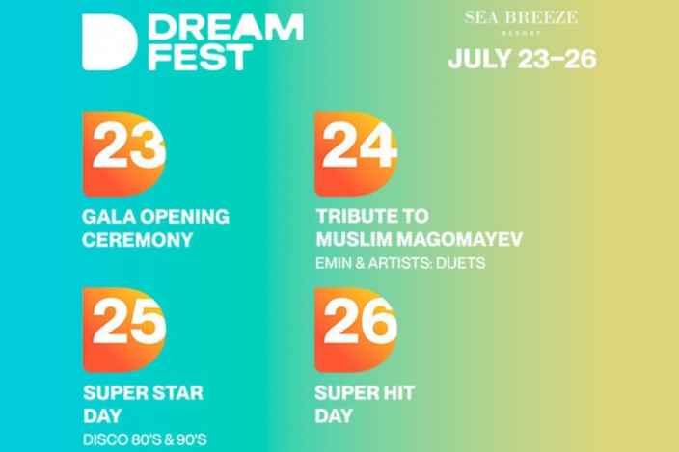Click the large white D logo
[109, 42]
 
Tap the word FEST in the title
[201, 57]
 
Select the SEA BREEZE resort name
[522, 17]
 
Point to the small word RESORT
[522, 33]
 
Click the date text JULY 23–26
[522, 59]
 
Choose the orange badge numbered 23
[124, 154]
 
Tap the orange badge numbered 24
[356, 154]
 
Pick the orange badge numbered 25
[124, 330]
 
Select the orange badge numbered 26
[356, 330]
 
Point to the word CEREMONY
[138, 240]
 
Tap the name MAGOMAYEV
[459, 239]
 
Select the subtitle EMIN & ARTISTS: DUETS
[400, 263]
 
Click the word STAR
[177, 393]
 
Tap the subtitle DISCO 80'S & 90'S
[145, 439]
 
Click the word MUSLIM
[353, 239]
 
